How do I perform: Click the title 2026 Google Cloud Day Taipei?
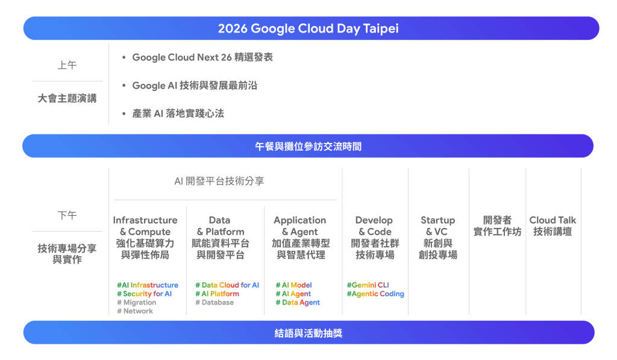point(308,28)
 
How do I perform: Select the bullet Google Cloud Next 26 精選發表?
point(202,57)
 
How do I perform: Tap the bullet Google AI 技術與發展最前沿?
point(195,86)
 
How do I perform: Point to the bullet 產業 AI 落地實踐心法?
point(178,113)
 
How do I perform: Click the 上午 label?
point(67,65)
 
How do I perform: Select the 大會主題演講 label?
point(67,98)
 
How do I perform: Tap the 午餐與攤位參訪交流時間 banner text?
point(308,147)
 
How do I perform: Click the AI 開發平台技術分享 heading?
point(219,181)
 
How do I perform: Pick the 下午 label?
point(67,215)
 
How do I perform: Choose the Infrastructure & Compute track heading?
point(145,238)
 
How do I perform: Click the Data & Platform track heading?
point(220,238)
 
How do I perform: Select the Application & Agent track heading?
point(300,238)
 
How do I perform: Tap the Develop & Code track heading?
point(375,238)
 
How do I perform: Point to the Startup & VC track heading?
point(438,238)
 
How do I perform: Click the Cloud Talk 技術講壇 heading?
point(553,226)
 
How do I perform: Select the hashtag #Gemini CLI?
point(368,285)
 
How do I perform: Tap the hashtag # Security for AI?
point(145,294)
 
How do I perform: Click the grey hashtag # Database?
point(215,303)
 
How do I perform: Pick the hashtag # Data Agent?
point(298,303)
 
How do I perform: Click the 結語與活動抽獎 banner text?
point(308,333)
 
